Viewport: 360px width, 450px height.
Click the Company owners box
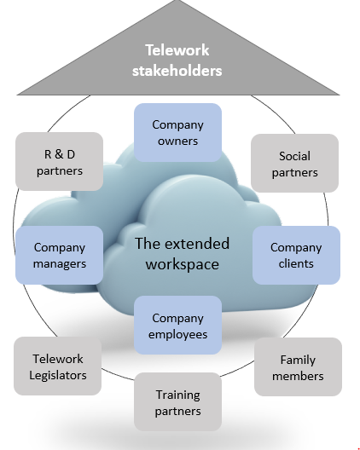177,133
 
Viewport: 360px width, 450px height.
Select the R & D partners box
59,162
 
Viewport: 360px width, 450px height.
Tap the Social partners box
294,163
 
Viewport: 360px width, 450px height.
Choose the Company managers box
59,255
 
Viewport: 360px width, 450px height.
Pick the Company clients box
296,255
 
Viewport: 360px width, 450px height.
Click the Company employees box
177,325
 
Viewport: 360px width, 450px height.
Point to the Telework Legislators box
57,366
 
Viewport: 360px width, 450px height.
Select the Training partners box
177,401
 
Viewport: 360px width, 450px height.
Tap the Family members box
298,366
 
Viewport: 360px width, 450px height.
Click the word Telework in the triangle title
177,50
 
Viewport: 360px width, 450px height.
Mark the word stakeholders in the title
177,71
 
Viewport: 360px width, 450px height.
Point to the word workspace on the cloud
183,264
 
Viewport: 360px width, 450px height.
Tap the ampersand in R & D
59,154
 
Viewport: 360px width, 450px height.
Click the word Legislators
58,375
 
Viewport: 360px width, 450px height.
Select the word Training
177,395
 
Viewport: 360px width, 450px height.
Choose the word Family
298,361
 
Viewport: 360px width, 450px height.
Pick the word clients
296,263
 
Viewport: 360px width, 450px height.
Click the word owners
177,141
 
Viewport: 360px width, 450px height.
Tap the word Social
294,156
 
